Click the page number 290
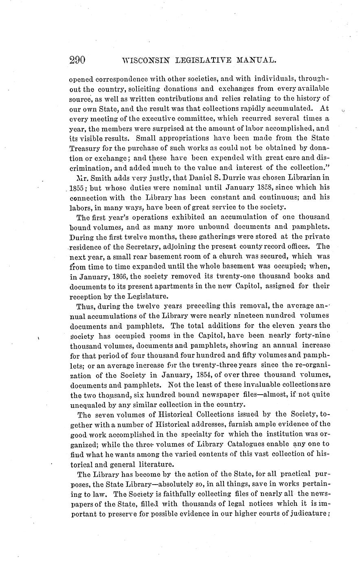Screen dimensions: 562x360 tap(77, 60)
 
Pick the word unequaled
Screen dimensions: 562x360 tap(82, 404)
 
